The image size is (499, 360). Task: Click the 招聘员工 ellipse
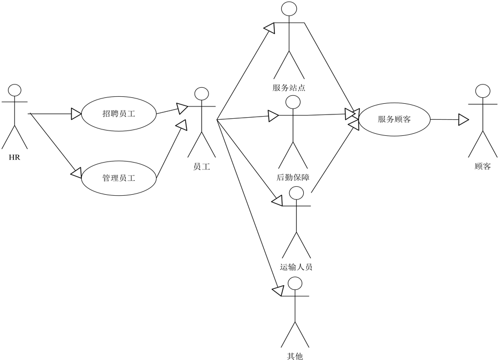coord(119,114)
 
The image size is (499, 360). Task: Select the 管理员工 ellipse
coord(119,178)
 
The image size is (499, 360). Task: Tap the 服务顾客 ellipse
coord(394,119)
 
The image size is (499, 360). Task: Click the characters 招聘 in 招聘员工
coord(110,114)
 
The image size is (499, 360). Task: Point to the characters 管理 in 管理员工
coord(110,178)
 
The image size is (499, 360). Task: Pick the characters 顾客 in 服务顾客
coord(403,119)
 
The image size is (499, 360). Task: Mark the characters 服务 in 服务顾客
coord(386,119)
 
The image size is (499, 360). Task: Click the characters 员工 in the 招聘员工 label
coord(127,114)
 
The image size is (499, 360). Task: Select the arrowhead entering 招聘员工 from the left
coord(75,114)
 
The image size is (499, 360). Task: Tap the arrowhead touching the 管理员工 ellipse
coord(76,173)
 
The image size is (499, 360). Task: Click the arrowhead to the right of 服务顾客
coord(463,119)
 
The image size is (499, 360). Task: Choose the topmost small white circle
coord(289,9)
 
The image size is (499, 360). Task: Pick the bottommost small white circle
coord(295,284)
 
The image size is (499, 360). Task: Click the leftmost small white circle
coord(14,90)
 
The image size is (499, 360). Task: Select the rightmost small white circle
coord(482,91)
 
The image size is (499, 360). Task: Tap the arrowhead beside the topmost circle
coord(270,28)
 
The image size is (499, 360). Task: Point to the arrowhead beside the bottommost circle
coord(279,290)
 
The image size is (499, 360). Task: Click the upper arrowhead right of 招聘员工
coord(181,108)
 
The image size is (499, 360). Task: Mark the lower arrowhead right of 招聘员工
coord(182,125)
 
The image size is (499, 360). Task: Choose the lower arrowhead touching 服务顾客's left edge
coord(354,125)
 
